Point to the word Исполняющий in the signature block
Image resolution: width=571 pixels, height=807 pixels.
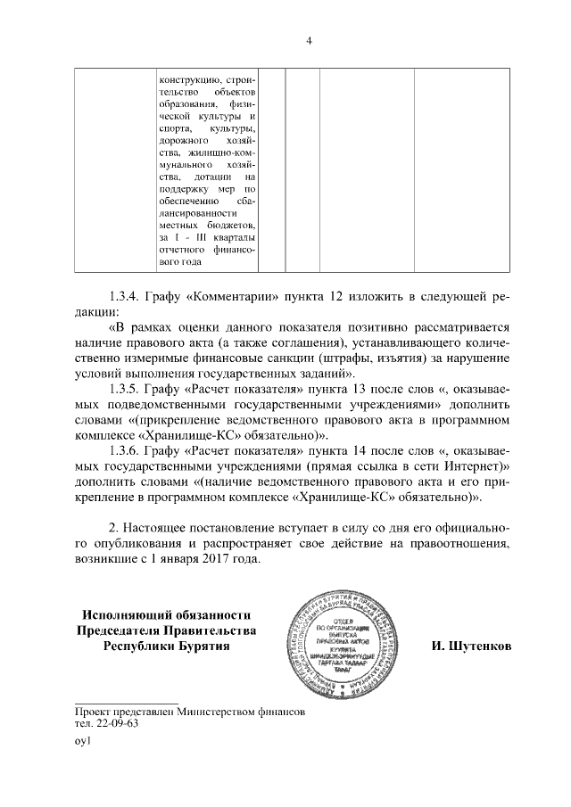click(128, 614)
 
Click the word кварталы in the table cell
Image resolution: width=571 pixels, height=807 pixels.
click(235, 237)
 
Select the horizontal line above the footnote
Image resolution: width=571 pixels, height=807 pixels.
click(128, 704)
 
